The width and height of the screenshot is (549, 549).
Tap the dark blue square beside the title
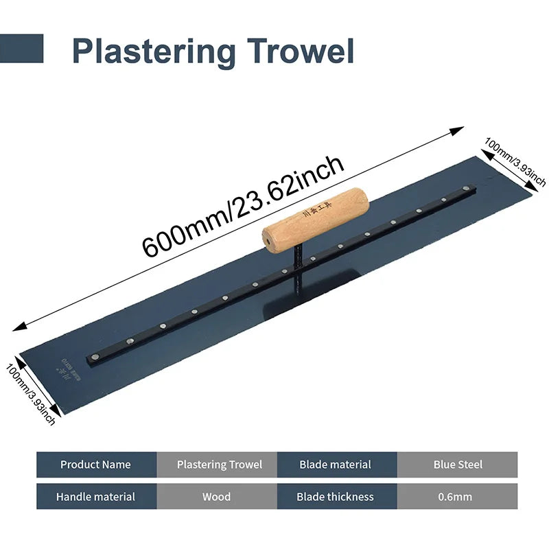pos(21,49)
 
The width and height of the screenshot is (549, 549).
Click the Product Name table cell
pos(95,465)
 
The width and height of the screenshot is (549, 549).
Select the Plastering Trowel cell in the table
pos(220,465)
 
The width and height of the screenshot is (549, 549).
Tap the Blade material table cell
pos(336,465)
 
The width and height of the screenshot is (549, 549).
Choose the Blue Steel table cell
pos(458,465)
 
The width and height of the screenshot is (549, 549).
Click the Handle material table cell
pos(95,496)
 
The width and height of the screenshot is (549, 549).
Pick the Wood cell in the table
pos(217,496)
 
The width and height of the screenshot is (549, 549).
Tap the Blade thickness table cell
pos(336,496)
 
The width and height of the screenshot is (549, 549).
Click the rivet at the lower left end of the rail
pos(94,355)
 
